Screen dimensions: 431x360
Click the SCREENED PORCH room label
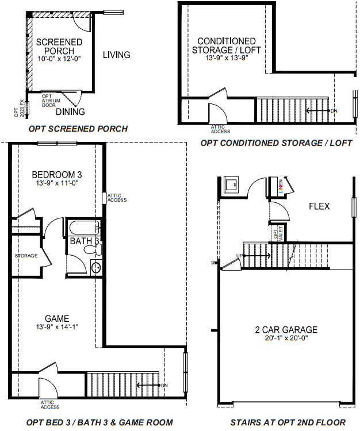point(59,47)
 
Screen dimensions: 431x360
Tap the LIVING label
point(116,55)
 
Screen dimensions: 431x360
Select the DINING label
point(70,111)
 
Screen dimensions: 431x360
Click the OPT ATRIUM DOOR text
point(49,101)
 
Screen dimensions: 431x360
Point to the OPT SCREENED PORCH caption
point(78,129)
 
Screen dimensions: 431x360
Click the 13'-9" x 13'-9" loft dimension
point(226,57)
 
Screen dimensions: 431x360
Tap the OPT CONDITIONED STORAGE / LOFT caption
point(276,143)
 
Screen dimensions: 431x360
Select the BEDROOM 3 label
point(56,174)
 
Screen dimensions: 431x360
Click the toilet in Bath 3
point(91,250)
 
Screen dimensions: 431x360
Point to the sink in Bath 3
point(95,267)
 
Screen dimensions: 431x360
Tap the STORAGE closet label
point(26,256)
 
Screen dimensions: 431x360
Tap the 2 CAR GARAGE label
point(286,330)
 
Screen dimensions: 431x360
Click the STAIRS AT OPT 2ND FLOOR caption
point(288,422)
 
